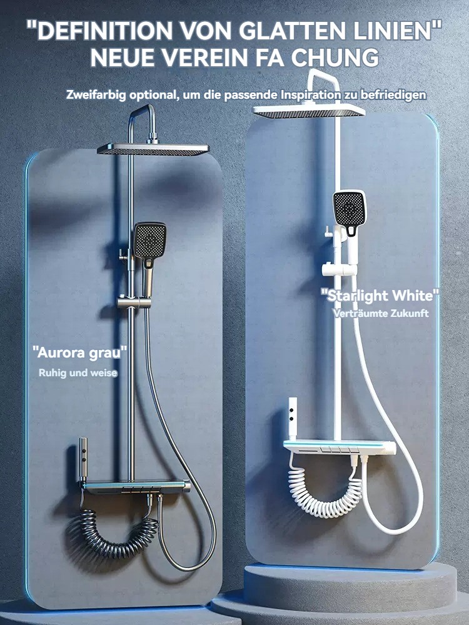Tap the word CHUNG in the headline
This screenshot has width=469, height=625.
click(x=335, y=57)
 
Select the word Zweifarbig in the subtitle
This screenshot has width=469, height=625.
click(x=96, y=95)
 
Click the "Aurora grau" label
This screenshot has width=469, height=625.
click(x=80, y=352)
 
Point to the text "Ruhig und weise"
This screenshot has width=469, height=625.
click(x=78, y=373)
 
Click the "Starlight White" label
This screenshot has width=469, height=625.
click(x=380, y=296)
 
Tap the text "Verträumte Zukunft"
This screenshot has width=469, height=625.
click(x=381, y=313)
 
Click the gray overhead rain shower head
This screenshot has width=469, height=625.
click(x=153, y=149)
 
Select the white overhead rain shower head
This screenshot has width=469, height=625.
click(x=309, y=111)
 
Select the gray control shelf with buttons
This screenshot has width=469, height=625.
click(x=135, y=487)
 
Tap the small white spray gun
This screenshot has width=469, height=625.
click(x=293, y=419)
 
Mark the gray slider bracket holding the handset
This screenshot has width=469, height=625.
click(x=134, y=302)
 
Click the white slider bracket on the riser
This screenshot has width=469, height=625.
click(x=339, y=270)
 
